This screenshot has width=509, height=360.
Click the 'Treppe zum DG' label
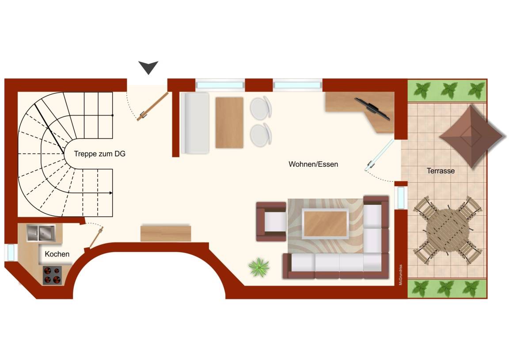pyautogui.click(x=100, y=153)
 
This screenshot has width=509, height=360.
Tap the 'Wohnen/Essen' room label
pyautogui.click(x=313, y=165)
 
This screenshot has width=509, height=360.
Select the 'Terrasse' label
pyautogui.click(x=441, y=171)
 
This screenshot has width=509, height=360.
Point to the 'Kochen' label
pyautogui.click(x=57, y=254)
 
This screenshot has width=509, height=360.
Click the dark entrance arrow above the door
pyautogui.click(x=148, y=67)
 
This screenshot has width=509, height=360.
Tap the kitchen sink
pyautogui.click(x=41, y=233)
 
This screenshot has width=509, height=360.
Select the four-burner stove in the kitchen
pyautogui.click(x=53, y=275)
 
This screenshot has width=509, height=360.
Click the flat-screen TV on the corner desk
pyautogui.click(x=372, y=109)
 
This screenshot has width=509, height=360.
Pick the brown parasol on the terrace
pyautogui.click(x=471, y=136)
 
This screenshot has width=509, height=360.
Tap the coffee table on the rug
pyautogui.click(x=325, y=223)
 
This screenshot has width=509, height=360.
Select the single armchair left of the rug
pyautogui.click(x=271, y=222)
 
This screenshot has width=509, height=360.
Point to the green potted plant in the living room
pyautogui.click(x=259, y=267)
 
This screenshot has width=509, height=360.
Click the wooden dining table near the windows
pyautogui.click(x=229, y=123)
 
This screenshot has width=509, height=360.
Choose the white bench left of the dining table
pyautogui.click(x=195, y=123)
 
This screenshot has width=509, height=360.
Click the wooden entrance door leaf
pyautogui.click(x=152, y=107)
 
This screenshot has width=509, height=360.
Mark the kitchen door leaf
pyautogui.click(x=96, y=237)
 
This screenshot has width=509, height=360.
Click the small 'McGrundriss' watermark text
pyautogui.click(x=401, y=275)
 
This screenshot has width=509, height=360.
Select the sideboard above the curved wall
pyautogui.click(x=166, y=233)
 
